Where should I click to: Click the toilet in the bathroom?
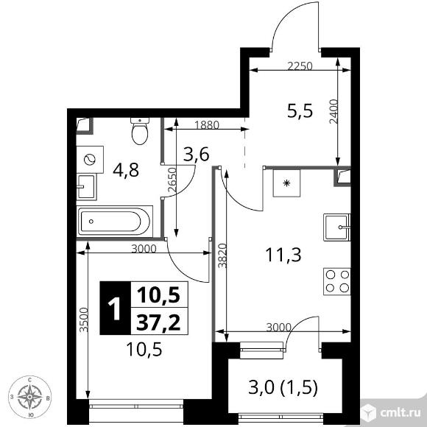point(140,131)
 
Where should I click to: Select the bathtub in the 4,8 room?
point(114,221)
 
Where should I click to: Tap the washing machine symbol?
point(90,159)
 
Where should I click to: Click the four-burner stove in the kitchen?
point(337,281)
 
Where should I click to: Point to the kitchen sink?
point(337,227)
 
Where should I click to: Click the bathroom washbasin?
point(87,187)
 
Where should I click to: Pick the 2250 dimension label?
point(300,66)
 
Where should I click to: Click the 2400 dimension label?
point(334,111)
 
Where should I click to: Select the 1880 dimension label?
point(207,125)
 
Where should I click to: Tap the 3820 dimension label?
point(222,255)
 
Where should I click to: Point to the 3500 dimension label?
point(84,320)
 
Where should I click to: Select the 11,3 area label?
point(283,255)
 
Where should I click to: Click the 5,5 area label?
point(300,111)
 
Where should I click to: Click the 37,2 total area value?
point(158,322)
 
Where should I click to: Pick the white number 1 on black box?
point(115,308)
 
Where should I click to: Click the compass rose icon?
point(30,397)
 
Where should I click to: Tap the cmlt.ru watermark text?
point(400,413)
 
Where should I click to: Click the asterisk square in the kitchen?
point(286,183)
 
